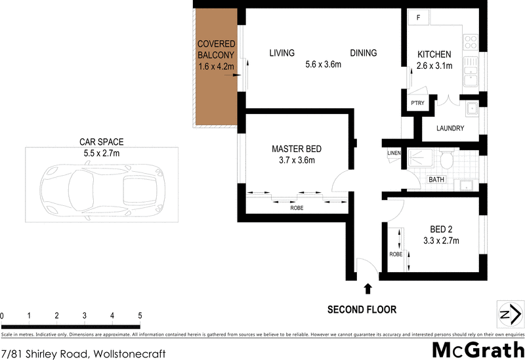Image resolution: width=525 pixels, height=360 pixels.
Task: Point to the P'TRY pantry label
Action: pyautogui.click(x=417, y=104)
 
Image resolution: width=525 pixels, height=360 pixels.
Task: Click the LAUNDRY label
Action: pyautogui.click(x=450, y=129)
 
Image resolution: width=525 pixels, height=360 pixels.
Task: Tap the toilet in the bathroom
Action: pyautogui.click(x=448, y=159)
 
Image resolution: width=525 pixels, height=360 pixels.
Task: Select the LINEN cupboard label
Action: pyautogui.click(x=394, y=153)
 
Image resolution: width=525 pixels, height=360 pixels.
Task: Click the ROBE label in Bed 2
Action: pyautogui.click(x=395, y=254)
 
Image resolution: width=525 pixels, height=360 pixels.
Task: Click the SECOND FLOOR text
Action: pyautogui.click(x=362, y=310)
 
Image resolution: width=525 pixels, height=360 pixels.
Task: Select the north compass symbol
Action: pyautogui.click(x=505, y=315)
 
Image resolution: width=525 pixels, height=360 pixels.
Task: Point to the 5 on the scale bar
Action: pyautogui.click(x=140, y=316)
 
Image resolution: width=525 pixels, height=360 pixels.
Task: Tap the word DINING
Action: pyautogui.click(x=363, y=53)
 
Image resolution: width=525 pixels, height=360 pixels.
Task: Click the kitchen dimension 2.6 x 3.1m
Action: pyautogui.click(x=434, y=66)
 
